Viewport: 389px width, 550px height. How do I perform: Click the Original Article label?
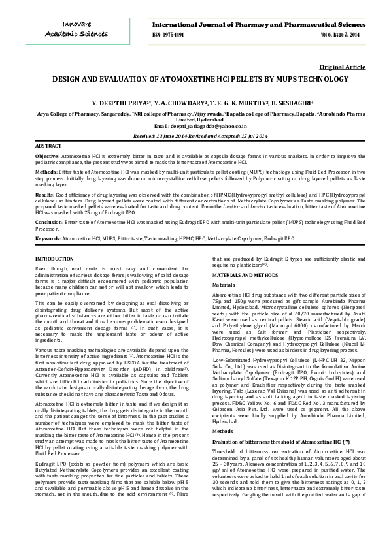pyautogui.click(x=342, y=67)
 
